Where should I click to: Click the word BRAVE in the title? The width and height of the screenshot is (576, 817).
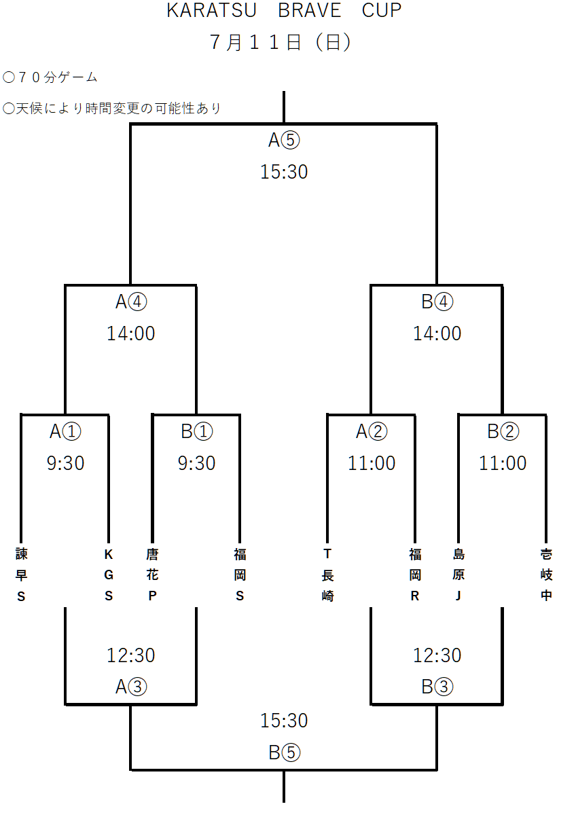[x=309, y=10]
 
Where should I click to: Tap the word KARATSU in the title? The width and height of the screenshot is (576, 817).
[x=211, y=10]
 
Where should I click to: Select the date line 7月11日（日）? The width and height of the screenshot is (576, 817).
[x=280, y=42]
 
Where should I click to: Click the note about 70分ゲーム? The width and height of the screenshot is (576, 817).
[x=50, y=77]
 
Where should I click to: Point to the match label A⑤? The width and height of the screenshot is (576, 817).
[x=284, y=140]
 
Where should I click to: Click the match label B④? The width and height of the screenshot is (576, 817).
[x=437, y=302]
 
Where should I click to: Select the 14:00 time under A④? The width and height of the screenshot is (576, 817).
[x=131, y=333]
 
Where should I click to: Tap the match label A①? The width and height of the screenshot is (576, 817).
[x=65, y=431]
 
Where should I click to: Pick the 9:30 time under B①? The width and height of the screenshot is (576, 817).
[x=196, y=463]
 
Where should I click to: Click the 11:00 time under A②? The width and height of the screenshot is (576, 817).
[x=372, y=463]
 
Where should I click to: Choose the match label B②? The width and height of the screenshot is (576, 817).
[x=503, y=431]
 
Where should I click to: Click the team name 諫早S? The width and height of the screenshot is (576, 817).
[x=21, y=575]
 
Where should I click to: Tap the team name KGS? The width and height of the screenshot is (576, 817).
[x=109, y=575]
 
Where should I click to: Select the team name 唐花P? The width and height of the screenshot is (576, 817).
[x=152, y=575]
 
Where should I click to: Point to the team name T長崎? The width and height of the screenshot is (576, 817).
[x=327, y=575]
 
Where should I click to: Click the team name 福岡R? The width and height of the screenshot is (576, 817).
[x=415, y=575]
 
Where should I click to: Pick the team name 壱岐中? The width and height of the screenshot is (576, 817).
[x=546, y=575]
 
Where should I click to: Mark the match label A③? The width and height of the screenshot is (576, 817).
[x=131, y=687]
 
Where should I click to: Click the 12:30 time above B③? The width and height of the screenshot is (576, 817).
[x=437, y=655]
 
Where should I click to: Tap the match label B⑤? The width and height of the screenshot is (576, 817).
[x=284, y=752]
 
